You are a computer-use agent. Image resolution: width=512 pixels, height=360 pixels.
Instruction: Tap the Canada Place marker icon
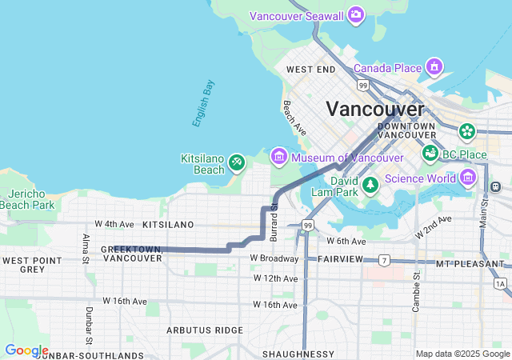pos(434,66)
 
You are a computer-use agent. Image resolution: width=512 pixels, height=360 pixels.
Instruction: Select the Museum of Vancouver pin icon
pos(278,155)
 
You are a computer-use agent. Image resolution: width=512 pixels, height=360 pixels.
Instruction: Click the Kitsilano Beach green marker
pos(236,163)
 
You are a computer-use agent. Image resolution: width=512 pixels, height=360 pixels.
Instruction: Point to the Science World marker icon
pos(468,177)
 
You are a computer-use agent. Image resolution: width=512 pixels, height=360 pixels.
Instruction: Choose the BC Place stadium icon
pos(430,152)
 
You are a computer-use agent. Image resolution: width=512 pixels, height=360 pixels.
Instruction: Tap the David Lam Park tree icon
pos(370,186)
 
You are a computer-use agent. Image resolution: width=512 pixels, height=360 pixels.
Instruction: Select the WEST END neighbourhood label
pos(310,70)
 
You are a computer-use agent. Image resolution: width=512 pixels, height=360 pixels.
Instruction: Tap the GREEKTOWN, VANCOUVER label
pos(132,254)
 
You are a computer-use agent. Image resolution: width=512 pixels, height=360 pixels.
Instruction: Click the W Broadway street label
pos(274,258)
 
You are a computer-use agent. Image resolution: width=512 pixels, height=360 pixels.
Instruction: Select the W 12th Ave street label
pos(275,278)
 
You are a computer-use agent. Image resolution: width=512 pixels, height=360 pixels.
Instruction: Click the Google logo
pos(26,350)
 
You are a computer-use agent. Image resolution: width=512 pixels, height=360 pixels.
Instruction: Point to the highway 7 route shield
pos(384,260)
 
